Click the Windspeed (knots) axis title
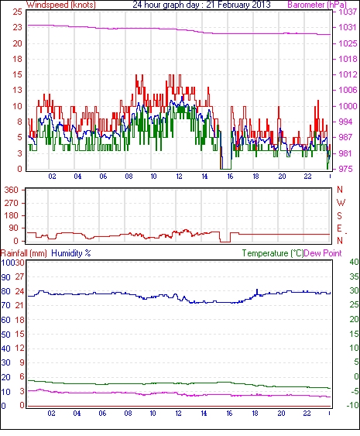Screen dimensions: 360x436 pyautogui.click(x=61, y=5)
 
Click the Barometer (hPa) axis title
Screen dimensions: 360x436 pyautogui.click(x=317, y=5)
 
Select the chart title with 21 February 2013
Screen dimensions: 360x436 pyautogui.click(x=201, y=5)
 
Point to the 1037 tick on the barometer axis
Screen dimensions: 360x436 pyautogui.click(x=348, y=12)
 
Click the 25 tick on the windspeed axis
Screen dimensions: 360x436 pyautogui.click(x=17, y=12)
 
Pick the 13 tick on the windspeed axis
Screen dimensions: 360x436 pyautogui.click(x=17, y=90)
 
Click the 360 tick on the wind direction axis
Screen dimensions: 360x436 pyautogui.click(x=12, y=191)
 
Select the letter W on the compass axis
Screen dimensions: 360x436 pyautogui.click(x=341, y=203)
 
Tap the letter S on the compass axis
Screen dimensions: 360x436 pyautogui.click(x=339, y=215)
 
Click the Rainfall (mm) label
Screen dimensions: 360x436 pyautogui.click(x=24, y=253)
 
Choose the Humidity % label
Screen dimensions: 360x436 pyautogui.click(x=71, y=253)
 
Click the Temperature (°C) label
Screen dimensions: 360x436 pyautogui.click(x=273, y=253)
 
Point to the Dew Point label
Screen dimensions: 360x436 pyautogui.click(x=323, y=253)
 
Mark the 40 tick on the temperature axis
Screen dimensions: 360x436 pyautogui.click(x=354, y=262)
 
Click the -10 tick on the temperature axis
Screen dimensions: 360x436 pyautogui.click(x=353, y=406)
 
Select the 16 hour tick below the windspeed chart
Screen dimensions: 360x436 pyautogui.click(x=230, y=177)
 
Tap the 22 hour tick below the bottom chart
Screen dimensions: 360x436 pyautogui.click(x=307, y=414)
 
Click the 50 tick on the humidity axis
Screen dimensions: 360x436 pyautogui.click(x=5, y=335)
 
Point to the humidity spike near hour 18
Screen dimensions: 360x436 pyautogui.click(x=257, y=292)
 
